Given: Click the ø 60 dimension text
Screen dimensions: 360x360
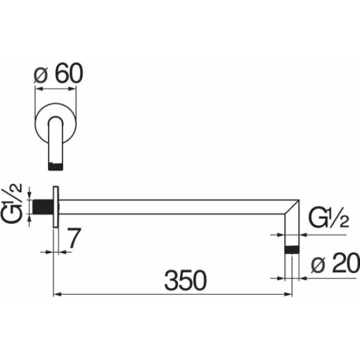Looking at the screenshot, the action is tap(58, 73).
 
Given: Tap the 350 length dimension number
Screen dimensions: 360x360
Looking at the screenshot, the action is tap(185, 280).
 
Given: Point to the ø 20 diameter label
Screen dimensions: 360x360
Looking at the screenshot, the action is tap(335, 263).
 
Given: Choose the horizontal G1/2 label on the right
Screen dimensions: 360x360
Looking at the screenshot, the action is tap(329, 217).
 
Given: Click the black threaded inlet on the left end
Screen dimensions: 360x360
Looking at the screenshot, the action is tap(43, 207).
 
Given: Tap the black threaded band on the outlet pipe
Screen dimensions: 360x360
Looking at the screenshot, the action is tap(292, 250).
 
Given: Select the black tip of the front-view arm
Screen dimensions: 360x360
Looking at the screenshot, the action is tap(55, 166).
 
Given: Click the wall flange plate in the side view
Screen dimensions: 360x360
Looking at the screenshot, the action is tap(56, 207).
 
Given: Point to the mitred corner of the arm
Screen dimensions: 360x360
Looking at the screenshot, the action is tap(292, 207).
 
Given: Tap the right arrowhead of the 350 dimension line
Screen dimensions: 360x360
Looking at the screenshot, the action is tap(288, 295).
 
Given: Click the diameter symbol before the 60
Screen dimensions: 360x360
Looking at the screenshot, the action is tap(40, 76).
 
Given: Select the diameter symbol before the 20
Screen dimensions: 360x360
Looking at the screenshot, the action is tap(319, 265).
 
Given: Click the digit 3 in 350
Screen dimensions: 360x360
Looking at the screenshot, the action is tap(171, 280).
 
